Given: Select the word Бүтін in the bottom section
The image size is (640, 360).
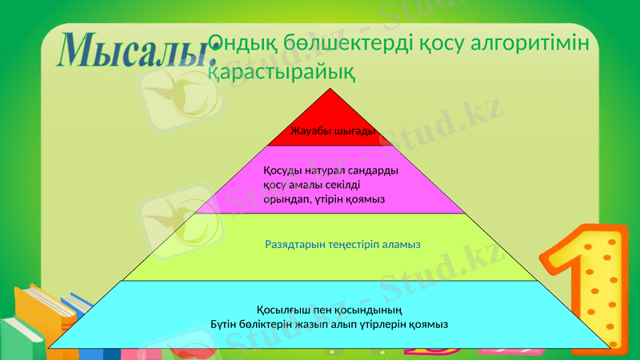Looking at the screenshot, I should point(225,324).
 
